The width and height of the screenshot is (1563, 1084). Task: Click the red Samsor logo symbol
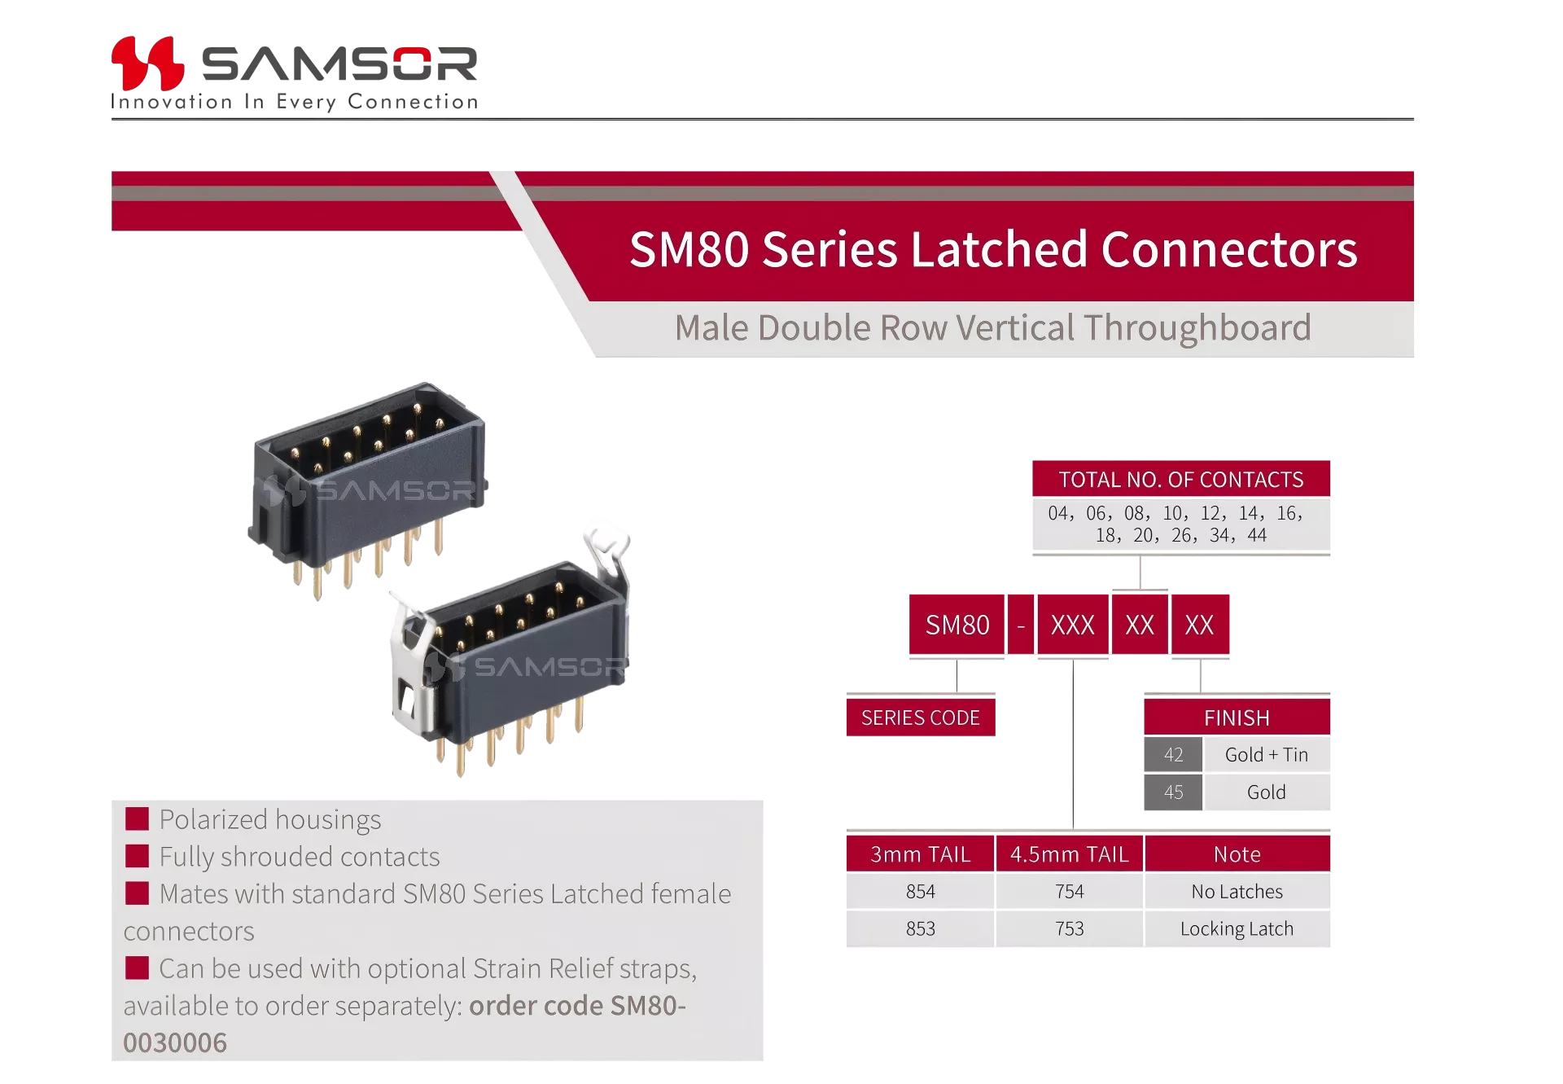pyautogui.click(x=147, y=63)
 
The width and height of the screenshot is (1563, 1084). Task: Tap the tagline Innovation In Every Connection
pyautogui.click(x=295, y=102)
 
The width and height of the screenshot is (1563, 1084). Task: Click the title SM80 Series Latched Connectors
pyautogui.click(x=993, y=249)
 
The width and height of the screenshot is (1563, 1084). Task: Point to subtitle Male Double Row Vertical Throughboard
pyautogui.click(x=992, y=328)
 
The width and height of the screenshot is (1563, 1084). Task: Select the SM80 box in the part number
pyautogui.click(x=957, y=625)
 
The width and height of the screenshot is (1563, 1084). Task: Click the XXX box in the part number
pyautogui.click(x=1073, y=625)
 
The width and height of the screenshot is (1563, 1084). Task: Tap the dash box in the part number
pyautogui.click(x=1021, y=625)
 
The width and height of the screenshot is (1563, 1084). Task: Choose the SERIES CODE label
pyautogui.click(x=921, y=718)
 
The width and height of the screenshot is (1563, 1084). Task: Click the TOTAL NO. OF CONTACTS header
pyautogui.click(x=1181, y=479)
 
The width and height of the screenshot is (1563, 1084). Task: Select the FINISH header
pyautogui.click(x=1237, y=718)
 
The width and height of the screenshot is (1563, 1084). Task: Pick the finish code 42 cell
pyautogui.click(x=1173, y=755)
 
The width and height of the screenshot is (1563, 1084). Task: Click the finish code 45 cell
pyautogui.click(x=1173, y=792)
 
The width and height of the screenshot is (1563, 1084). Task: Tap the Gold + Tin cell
pyautogui.click(x=1267, y=755)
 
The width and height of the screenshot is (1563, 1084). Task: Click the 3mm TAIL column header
pyautogui.click(x=921, y=854)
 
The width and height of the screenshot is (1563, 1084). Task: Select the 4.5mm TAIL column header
pyautogui.click(x=1070, y=854)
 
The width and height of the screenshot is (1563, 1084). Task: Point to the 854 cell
pyautogui.click(x=921, y=892)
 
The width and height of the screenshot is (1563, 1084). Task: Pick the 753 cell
pyautogui.click(x=1070, y=929)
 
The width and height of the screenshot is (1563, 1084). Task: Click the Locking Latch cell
pyautogui.click(x=1237, y=929)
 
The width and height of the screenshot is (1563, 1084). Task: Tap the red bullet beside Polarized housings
pyautogui.click(x=137, y=818)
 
